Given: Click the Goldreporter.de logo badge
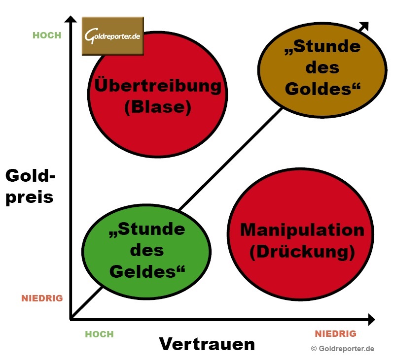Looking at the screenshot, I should coord(112,36).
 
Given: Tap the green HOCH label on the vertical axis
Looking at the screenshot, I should coord(47,35).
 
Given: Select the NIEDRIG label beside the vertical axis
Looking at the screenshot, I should coord(42,298).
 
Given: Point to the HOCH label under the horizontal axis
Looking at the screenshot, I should coord(99,334).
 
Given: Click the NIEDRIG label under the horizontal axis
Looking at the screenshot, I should coord(335,334).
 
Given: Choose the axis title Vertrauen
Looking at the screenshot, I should coord(207,344).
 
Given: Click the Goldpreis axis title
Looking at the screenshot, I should coord(30,186).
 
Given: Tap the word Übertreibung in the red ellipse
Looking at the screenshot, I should coord(158,86).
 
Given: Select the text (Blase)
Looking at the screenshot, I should coord(158,107).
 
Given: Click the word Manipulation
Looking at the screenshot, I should coord(302,230).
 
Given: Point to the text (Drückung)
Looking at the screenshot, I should coord(302,252).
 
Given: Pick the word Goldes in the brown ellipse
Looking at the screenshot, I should coord(323,89).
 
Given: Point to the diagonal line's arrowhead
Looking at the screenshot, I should coord(365,27).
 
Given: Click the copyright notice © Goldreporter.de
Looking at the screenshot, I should coord(342,349).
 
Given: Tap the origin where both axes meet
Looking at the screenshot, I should coord(71,320).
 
